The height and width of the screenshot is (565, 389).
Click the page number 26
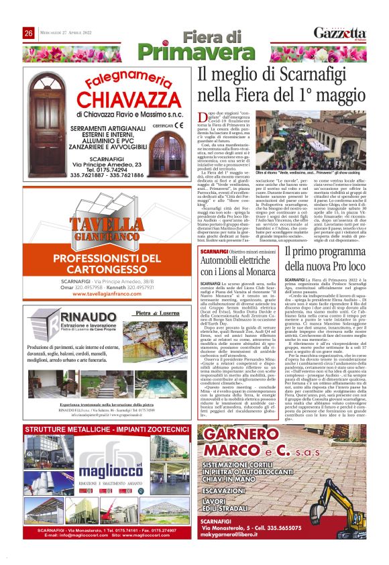(x=29, y=34)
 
